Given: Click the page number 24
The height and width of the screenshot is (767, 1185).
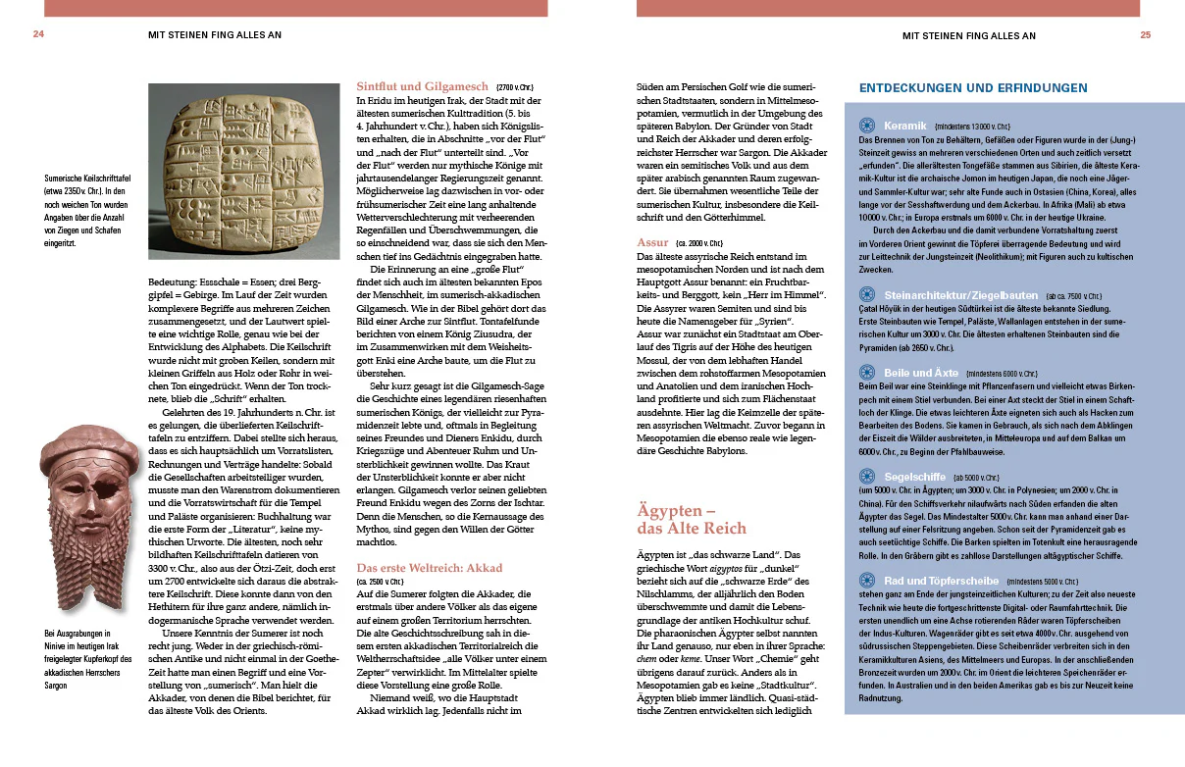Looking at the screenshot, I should pyautogui.click(x=39, y=34).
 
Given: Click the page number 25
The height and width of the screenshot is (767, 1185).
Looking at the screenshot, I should pyautogui.click(x=1145, y=35).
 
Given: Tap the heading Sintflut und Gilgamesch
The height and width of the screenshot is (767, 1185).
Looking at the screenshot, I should pyautogui.click(x=424, y=86).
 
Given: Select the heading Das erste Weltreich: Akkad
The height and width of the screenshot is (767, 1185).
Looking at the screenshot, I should pyautogui.click(x=429, y=567).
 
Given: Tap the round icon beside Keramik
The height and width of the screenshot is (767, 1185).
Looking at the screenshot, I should pyautogui.click(x=867, y=126).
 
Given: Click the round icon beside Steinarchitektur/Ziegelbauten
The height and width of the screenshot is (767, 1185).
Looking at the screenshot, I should pyautogui.click(x=867, y=294).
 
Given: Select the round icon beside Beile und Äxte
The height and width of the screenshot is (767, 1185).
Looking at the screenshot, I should pyautogui.click(x=867, y=373).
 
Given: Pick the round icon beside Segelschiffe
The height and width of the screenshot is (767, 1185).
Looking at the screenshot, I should pyautogui.click(x=867, y=477).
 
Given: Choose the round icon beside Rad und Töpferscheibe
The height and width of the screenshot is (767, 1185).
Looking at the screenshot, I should pyautogui.click(x=867, y=580).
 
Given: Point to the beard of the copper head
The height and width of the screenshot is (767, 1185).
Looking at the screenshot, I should pyautogui.click(x=83, y=569).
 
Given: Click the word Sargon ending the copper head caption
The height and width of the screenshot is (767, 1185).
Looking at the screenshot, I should pyautogui.click(x=58, y=685).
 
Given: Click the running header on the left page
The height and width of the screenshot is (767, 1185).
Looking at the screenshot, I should pyautogui.click(x=215, y=35).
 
